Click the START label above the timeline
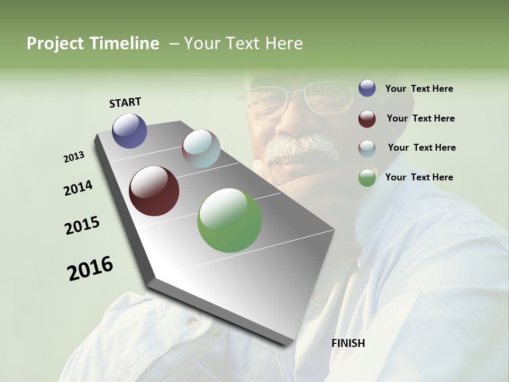(x=125, y=102)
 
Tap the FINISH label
(x=348, y=343)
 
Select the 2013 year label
(x=74, y=157)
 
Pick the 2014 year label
(x=78, y=188)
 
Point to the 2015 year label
(x=82, y=225)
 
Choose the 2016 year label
(x=90, y=268)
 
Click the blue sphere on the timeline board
(x=129, y=131)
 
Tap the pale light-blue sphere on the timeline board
(x=201, y=149)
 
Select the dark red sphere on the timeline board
(x=154, y=191)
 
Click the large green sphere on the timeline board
(x=230, y=220)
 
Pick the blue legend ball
(x=367, y=89)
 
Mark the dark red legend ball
(x=367, y=119)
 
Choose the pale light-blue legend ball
(x=367, y=149)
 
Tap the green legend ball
(x=367, y=178)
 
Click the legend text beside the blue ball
(x=419, y=89)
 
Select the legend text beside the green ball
(x=419, y=177)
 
